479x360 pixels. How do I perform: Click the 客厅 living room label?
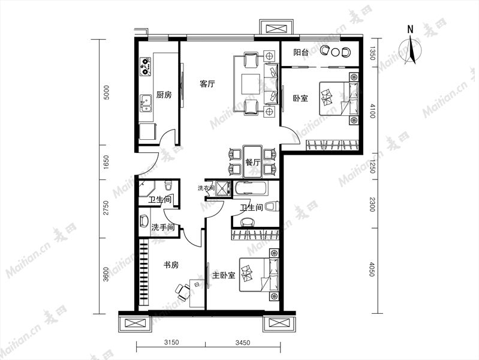[207, 84]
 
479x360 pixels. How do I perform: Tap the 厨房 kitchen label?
[164, 95]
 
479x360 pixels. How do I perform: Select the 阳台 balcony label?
[301, 52]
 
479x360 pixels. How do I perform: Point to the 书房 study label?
[171, 265]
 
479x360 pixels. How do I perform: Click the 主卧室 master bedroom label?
[224, 275]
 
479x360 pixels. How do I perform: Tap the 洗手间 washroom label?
[163, 227]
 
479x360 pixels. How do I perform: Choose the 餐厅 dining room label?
[252, 163]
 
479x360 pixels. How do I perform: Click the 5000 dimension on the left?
[106, 92]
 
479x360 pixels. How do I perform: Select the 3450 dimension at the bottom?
[243, 343]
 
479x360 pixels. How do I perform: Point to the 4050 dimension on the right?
[372, 269]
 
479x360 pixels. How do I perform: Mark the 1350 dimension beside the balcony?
[372, 53]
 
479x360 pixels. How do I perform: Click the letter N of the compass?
[410, 29]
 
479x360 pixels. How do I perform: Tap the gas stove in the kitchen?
[146, 67]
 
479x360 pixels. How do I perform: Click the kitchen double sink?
[146, 104]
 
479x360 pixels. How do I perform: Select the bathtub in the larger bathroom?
[251, 188]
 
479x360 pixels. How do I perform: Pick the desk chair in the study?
[183, 292]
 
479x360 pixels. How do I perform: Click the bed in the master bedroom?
[259, 274]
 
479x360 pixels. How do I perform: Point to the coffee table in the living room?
[251, 84]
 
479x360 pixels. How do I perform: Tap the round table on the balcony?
[336, 52]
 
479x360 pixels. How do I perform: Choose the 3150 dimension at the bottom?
[171, 343]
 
